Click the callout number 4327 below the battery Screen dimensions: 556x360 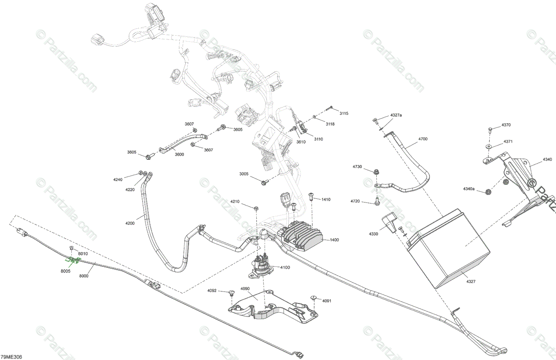point(471,281)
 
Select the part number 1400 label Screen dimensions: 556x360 point(334,240)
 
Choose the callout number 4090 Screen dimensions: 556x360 point(245,289)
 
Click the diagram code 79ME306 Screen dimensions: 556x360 point(12,356)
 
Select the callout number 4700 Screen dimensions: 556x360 point(423,139)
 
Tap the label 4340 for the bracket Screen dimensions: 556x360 point(547,159)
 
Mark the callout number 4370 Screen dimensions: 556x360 point(506,125)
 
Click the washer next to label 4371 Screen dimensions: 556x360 point(489,145)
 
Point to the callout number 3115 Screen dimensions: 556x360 point(343,114)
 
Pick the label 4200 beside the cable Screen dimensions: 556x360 point(130,223)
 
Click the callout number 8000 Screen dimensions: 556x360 point(83,276)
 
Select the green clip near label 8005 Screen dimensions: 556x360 point(72,261)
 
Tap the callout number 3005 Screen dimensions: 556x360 point(244,174)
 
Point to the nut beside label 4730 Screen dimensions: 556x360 point(376,171)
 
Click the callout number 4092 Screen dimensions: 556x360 point(212,291)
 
